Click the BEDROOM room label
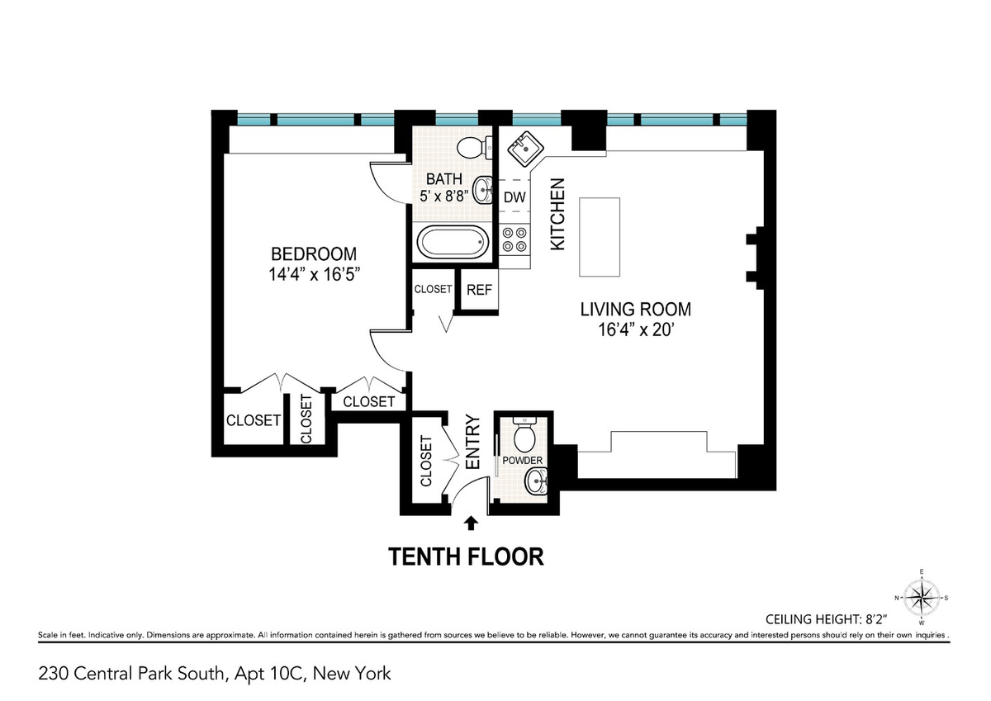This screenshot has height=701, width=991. click(314, 254)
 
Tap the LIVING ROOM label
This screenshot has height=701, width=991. click(635, 310)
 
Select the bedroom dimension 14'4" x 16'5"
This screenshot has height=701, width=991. click(314, 275)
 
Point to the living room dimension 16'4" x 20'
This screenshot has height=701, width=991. click(635, 330)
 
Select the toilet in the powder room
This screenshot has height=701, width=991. click(524, 433)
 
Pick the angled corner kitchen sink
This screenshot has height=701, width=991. click(525, 149)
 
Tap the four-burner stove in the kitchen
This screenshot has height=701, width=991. click(515, 239)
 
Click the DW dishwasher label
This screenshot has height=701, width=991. click(514, 197)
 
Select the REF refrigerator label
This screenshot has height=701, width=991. click(479, 290)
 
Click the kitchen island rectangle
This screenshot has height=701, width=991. click(600, 237)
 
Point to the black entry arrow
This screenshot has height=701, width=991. click(472, 523)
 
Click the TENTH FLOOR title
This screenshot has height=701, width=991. click(466, 557)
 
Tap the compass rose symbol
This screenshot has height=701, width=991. click(922, 599)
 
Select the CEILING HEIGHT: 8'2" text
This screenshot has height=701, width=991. click(827, 619)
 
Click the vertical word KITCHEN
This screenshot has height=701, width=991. click(558, 214)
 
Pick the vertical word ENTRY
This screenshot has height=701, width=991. click(473, 442)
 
